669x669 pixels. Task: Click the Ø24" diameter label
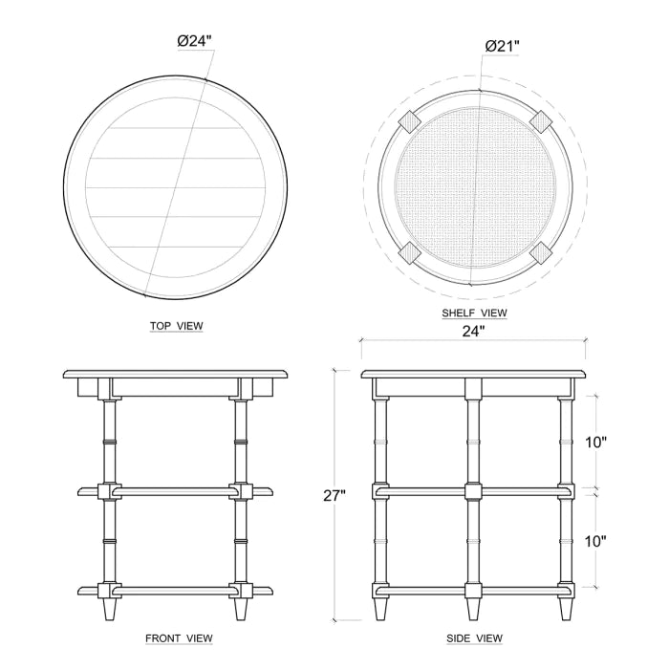[x=194, y=41]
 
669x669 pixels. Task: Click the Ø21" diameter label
[x=502, y=46]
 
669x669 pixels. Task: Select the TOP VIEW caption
[x=177, y=326]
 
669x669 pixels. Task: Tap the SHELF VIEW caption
[x=474, y=313]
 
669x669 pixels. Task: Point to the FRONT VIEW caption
[x=179, y=637]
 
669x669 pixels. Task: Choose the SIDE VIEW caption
[x=474, y=637]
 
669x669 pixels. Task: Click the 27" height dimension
[x=334, y=495]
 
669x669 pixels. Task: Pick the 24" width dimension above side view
[x=473, y=332]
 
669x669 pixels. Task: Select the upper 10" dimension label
[x=595, y=442]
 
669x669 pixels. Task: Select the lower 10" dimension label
[x=595, y=541]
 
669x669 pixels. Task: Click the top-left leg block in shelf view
[x=409, y=120]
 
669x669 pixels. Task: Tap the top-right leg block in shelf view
[x=539, y=120]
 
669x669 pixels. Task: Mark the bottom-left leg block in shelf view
[x=409, y=251]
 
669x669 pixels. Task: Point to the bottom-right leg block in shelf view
[x=539, y=251]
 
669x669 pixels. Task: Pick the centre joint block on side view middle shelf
[x=473, y=491]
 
